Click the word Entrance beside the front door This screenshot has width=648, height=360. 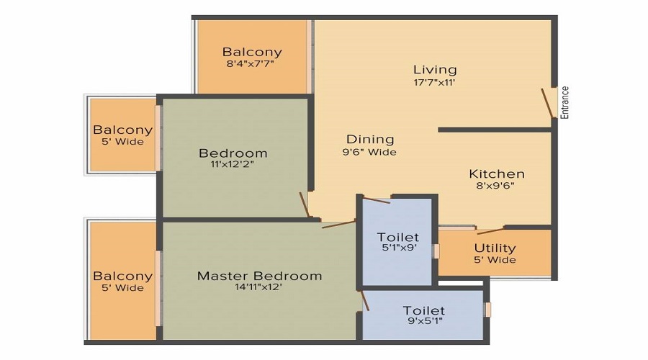point(565,102)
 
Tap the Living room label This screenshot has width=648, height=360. point(435,70)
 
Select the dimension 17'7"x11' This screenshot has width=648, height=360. point(435,82)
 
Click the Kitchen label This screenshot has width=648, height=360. point(497,174)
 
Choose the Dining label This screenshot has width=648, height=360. point(370,140)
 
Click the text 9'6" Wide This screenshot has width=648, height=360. point(370,152)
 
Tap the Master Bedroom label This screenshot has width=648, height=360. point(259,276)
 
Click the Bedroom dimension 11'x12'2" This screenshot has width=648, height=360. point(233,164)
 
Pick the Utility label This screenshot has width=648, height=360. point(495,248)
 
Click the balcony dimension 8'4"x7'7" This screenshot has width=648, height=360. point(251,64)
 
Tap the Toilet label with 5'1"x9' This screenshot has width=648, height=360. point(397,238)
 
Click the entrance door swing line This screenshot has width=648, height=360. point(548,104)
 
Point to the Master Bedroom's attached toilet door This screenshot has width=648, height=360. point(365,300)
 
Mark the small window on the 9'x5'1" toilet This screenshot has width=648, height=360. point(488,310)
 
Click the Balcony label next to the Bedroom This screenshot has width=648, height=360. point(122,130)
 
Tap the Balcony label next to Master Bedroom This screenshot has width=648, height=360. point(122,276)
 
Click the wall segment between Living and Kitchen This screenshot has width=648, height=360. point(495,130)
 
